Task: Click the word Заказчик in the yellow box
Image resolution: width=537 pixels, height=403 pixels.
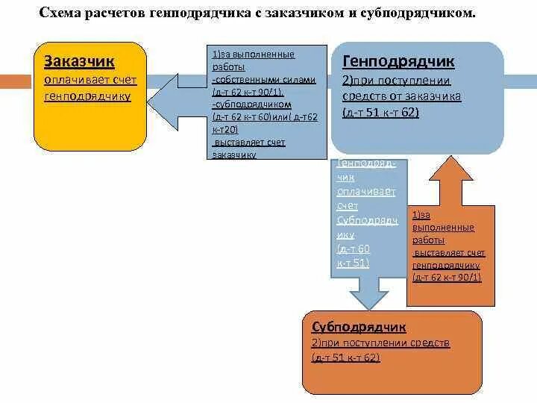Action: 80,60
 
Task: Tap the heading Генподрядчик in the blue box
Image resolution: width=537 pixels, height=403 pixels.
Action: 398,62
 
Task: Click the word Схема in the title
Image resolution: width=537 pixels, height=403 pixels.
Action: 62,14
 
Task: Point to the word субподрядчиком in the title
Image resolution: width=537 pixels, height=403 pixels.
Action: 428,14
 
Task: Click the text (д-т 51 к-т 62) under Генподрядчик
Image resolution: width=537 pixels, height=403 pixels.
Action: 380,113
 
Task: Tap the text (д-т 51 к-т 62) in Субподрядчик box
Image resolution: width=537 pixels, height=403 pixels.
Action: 346,357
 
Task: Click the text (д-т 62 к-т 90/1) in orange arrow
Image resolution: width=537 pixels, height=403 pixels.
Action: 447,277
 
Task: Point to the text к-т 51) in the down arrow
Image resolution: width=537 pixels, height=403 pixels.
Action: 353,262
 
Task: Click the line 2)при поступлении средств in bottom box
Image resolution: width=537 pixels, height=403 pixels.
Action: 380,343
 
